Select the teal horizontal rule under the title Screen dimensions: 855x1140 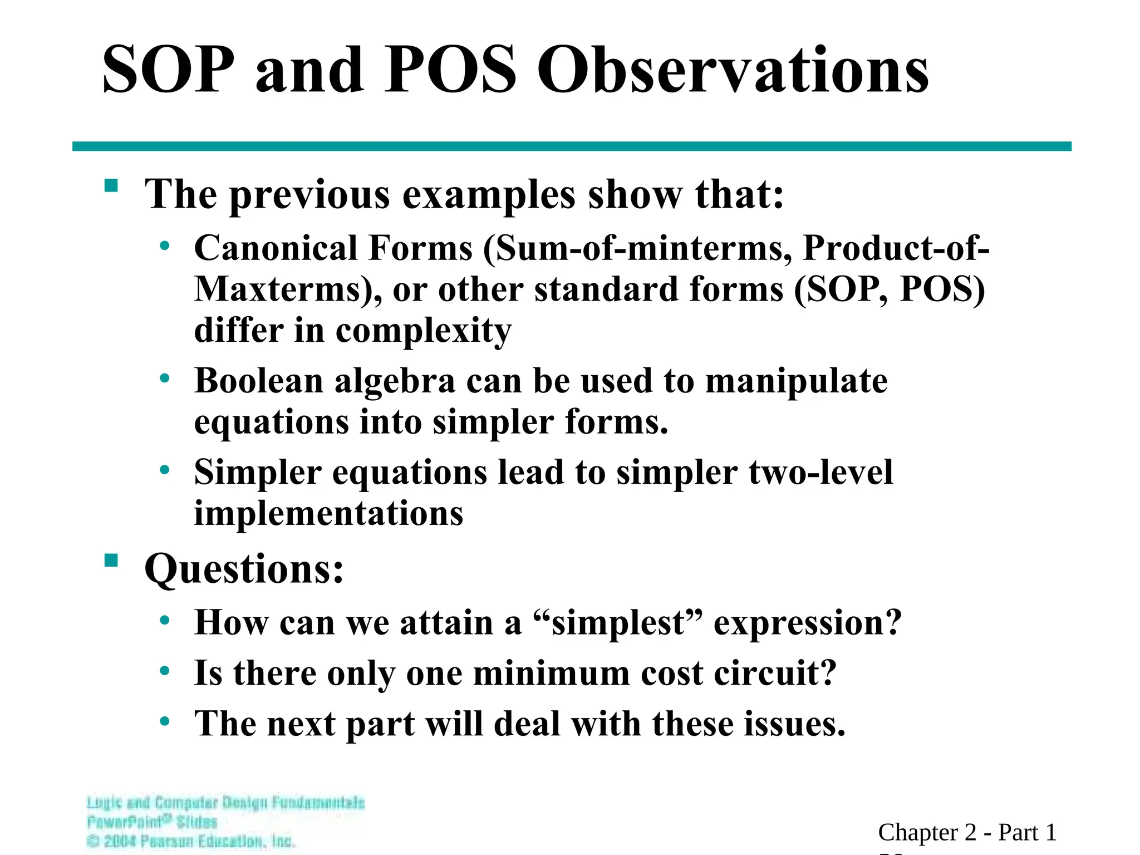point(572,146)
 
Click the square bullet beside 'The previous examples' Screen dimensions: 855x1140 point(111,185)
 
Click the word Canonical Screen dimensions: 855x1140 point(276,248)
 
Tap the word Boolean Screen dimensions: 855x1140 point(259,381)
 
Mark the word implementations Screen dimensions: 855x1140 point(328,513)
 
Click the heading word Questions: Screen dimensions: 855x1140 point(244,569)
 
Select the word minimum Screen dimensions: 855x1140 point(551,674)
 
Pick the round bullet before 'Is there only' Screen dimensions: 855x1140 point(164,671)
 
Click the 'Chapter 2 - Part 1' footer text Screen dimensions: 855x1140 point(967,833)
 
